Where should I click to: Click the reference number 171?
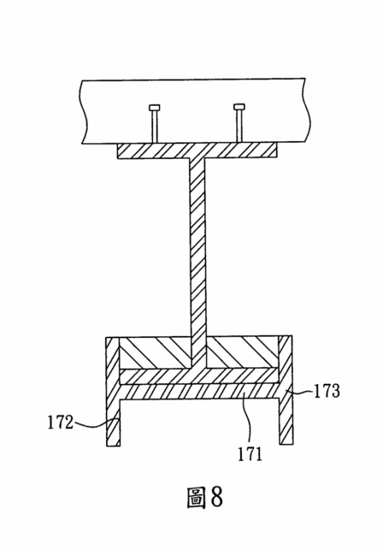pos(250,454)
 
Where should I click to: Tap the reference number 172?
pos(60,423)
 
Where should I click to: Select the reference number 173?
pos(326,391)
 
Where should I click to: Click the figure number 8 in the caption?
pos(216,496)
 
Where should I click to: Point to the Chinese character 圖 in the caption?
pos(195,498)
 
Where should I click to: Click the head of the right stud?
pos(239,106)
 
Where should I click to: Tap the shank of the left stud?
pos(155,126)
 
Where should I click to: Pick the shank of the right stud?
pos(240,125)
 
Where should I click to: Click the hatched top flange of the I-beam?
pos(197,150)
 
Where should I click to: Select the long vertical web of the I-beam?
pos(198,263)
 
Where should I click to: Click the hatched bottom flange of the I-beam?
pos(199,376)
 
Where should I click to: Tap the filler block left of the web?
pos(155,352)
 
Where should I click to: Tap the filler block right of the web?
pos(243,352)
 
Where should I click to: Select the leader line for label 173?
pos(299,391)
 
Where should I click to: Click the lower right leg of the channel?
pos(286,422)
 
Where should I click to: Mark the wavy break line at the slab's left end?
pos(84,112)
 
